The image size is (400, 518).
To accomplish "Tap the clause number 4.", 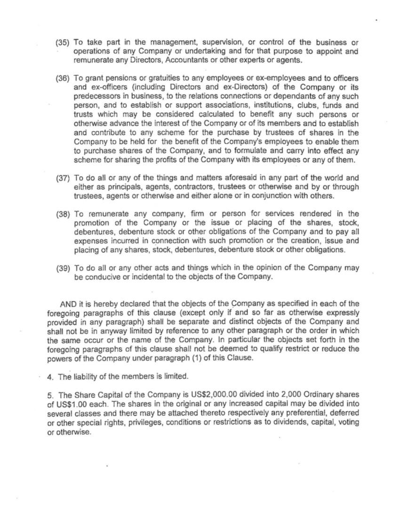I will pyautogui.click(x=50, y=376).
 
